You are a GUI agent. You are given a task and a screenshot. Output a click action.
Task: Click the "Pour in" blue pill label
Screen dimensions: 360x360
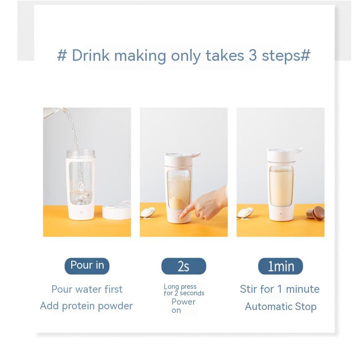[87, 266]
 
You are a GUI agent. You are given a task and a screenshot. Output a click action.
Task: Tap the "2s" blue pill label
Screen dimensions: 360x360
[184, 266]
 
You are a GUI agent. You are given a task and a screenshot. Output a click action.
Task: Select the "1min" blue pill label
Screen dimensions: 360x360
[280, 266]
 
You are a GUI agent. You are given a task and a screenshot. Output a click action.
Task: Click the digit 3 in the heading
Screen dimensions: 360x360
[252, 55]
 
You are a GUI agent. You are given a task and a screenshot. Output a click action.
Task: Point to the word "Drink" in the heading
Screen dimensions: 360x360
[91, 55]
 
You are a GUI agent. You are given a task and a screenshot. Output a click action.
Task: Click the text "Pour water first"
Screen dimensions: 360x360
[87, 289]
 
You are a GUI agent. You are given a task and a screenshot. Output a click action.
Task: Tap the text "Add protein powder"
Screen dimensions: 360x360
[86, 306]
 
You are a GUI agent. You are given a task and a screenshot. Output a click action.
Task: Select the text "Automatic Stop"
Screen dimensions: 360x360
[281, 306]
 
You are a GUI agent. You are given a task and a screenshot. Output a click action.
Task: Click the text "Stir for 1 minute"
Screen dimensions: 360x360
[280, 289]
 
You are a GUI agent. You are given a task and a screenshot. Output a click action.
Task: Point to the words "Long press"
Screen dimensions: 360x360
[180, 287]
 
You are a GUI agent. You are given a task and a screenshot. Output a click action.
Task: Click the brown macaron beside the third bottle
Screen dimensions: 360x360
[315, 214]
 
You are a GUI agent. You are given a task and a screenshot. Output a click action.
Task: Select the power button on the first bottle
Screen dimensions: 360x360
[81, 213]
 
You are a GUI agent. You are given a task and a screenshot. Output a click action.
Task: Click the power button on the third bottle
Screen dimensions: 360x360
[281, 214]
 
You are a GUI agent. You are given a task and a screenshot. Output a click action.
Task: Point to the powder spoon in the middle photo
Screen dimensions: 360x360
[147, 212]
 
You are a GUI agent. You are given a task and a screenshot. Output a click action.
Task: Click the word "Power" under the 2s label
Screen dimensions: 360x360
[183, 302]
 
